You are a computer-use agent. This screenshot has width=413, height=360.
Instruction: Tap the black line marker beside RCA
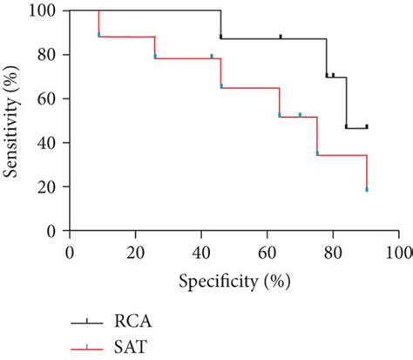[86, 320]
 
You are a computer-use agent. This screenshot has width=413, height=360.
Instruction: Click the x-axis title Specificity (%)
[234, 281]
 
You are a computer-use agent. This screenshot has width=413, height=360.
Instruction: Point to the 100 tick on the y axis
[44, 11]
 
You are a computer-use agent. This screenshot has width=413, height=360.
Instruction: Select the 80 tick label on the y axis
[47, 55]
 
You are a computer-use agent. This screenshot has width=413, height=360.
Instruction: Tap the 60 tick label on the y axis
[47, 98]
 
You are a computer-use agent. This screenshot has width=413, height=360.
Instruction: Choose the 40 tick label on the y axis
[47, 143]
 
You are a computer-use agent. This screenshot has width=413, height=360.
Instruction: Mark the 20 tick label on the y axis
[47, 187]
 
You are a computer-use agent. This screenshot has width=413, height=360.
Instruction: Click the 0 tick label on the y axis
[51, 230]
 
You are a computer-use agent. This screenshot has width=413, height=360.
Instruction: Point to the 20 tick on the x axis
[135, 251]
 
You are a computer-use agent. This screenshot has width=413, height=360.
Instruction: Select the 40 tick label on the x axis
[201, 251]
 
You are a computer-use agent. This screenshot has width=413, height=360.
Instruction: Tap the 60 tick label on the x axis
[267, 251]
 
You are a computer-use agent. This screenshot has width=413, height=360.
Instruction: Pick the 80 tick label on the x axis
[333, 251]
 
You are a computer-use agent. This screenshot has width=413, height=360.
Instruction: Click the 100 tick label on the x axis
[396, 251]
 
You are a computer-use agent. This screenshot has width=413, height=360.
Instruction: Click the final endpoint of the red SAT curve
[367, 189]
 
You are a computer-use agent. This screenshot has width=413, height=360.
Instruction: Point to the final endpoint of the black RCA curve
[367, 127]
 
